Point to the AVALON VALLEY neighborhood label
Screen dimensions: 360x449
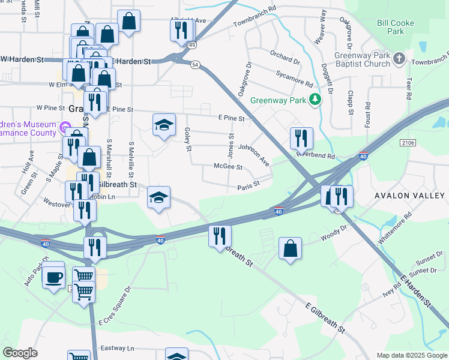(x=409, y=196)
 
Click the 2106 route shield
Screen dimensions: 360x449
(x=408, y=142)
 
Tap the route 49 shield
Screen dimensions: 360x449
(x=191, y=44)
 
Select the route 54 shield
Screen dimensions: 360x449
(x=195, y=64)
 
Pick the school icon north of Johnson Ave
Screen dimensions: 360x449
(x=164, y=125)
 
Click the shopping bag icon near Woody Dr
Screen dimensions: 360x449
(x=290, y=248)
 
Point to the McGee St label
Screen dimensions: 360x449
(x=228, y=167)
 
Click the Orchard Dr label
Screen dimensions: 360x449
(x=285, y=58)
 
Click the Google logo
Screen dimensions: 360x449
(x=20, y=353)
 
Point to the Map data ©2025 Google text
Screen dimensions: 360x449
(x=411, y=355)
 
